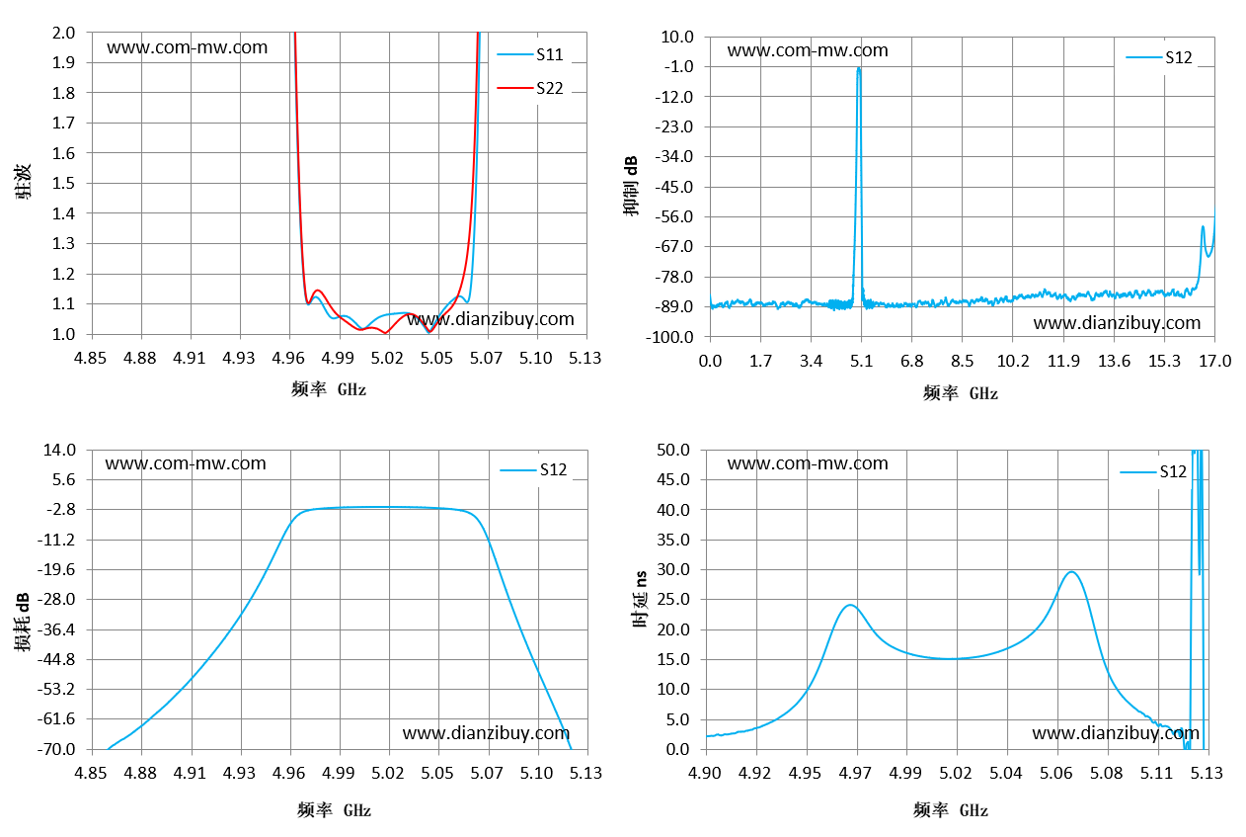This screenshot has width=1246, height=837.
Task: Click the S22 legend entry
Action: [529, 88]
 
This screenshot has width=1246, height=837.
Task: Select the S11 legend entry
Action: [529, 54]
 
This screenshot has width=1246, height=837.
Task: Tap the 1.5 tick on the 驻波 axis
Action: [63, 183]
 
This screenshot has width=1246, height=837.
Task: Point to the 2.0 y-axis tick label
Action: [63, 33]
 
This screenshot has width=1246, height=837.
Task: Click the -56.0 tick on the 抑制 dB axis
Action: [673, 216]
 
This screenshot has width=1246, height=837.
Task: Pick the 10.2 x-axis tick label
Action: [1012, 361]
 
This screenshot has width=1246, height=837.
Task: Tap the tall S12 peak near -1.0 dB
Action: [858, 69]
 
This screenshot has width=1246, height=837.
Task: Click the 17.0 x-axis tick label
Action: [1214, 361]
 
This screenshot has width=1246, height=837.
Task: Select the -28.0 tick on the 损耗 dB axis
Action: [55, 599]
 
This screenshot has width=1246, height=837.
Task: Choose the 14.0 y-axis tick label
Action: [59, 450]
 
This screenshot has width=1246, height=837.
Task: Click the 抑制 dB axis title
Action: [630, 186]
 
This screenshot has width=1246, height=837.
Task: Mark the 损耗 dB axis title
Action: [23, 622]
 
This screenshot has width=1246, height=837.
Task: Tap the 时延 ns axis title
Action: [640, 599]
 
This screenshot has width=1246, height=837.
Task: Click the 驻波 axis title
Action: [23, 181]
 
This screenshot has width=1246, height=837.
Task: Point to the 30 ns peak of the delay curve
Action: [1071, 572]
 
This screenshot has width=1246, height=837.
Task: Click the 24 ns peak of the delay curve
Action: [850, 606]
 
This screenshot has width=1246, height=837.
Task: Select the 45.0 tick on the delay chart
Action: [673, 479]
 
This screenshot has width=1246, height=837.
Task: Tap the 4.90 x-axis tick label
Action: [705, 773]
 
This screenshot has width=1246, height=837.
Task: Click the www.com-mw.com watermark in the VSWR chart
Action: [188, 47]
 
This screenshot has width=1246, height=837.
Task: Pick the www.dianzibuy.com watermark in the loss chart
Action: [486, 733]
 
